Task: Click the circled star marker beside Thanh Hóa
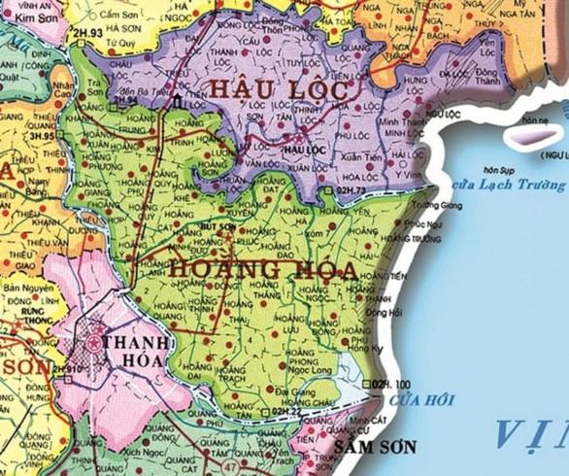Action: point(94,343)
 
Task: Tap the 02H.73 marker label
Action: point(350,191)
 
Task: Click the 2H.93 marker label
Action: point(89,34)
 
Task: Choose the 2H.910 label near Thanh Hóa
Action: point(64,369)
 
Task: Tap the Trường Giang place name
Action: point(434,205)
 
